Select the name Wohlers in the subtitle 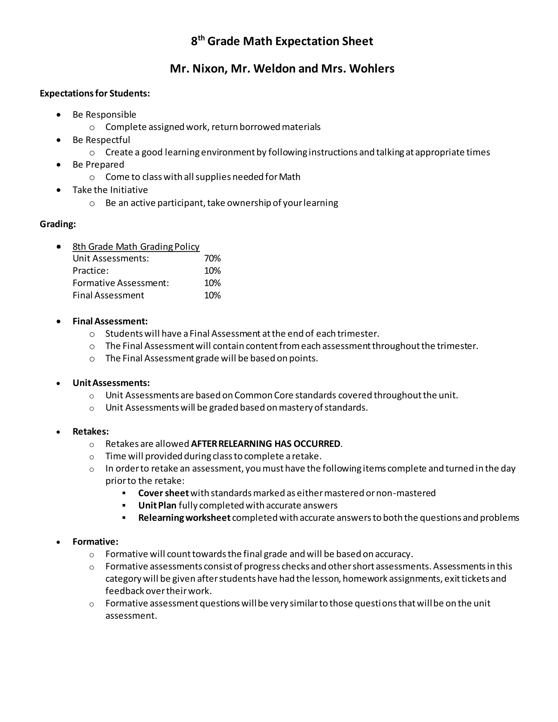click(x=372, y=68)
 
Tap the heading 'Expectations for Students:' click(x=95, y=93)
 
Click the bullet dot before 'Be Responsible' click(x=59, y=115)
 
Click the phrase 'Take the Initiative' click(x=110, y=190)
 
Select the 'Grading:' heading click(x=58, y=224)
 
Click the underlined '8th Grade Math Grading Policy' click(x=136, y=247)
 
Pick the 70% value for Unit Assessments click(x=212, y=259)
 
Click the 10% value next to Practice click(x=212, y=271)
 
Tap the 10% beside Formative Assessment click(x=212, y=283)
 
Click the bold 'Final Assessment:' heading click(x=110, y=321)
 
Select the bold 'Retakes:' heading click(x=90, y=431)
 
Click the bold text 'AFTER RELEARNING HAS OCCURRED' click(x=265, y=444)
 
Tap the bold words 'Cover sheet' click(x=163, y=493)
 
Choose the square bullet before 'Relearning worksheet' click(x=124, y=518)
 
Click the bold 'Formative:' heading click(x=95, y=542)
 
